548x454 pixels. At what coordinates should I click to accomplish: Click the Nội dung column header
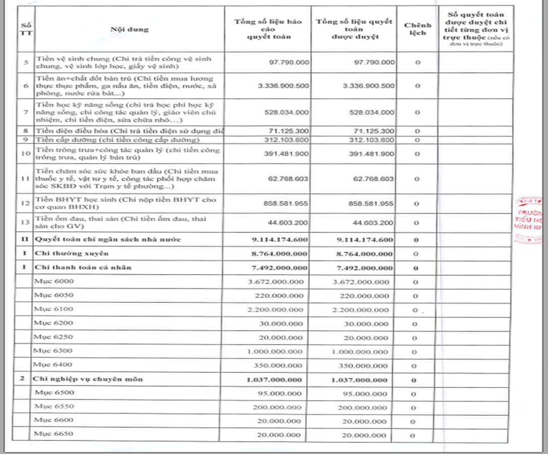coord(130,29)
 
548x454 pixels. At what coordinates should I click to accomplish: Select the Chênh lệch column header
coord(417,29)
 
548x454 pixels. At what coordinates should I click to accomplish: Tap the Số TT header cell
coord(25,29)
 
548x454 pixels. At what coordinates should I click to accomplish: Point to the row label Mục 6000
coord(46,282)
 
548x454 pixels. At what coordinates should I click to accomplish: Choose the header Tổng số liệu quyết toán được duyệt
coord(353,29)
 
